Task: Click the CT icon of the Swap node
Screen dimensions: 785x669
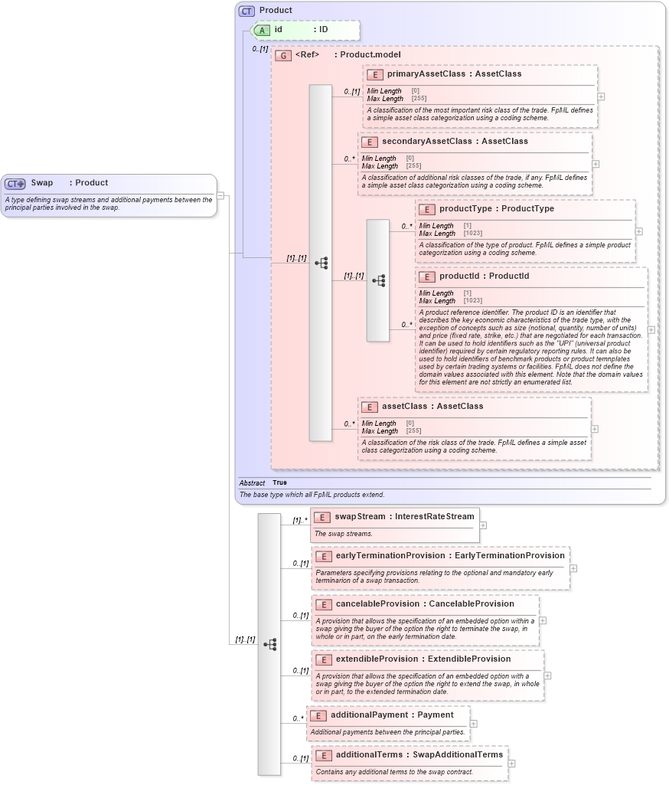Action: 15,184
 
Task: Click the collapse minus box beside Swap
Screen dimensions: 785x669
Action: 220,195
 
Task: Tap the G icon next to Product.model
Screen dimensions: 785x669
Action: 283,55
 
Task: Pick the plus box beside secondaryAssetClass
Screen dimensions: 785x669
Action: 596,164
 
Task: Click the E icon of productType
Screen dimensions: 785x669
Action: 426,209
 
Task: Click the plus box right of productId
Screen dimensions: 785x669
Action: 651,329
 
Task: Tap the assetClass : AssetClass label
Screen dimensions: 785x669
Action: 432,407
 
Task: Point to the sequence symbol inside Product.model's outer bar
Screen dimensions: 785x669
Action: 321,263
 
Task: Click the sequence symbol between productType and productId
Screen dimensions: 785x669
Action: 378,280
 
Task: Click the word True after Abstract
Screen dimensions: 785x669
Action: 279,482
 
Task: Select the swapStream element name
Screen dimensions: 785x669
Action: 360,517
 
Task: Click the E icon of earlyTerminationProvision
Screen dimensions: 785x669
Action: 323,556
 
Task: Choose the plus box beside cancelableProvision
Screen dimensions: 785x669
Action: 543,621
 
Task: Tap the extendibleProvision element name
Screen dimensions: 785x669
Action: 377,659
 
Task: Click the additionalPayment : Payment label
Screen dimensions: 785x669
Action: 392,715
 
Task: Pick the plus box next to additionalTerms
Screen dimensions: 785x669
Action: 511,763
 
